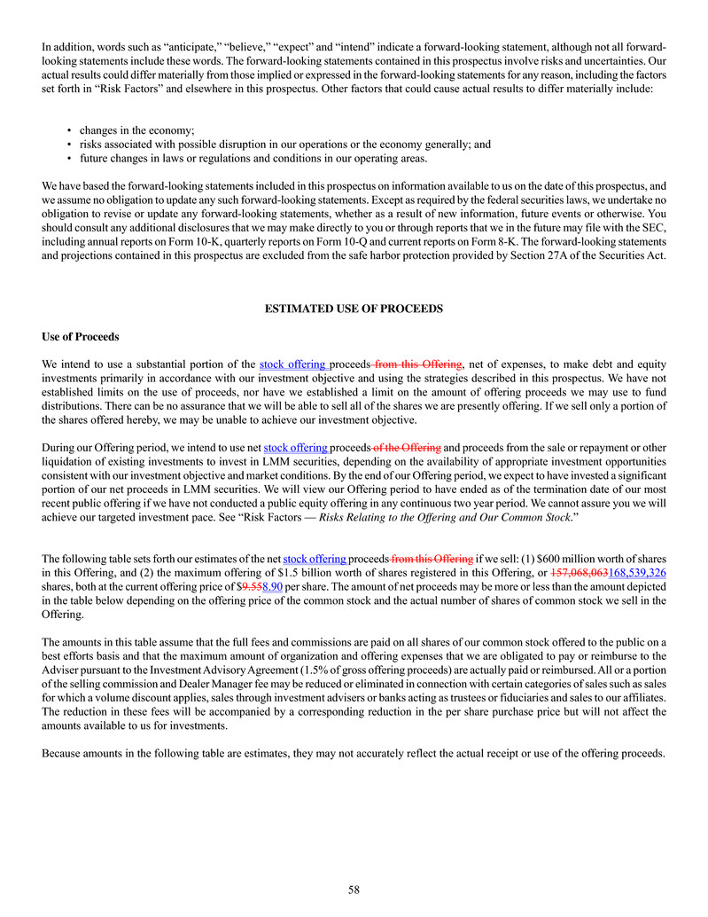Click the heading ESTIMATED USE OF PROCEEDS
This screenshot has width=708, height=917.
point(354,308)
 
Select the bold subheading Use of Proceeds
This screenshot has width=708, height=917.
point(80,337)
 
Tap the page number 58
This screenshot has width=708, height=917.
point(354,890)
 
